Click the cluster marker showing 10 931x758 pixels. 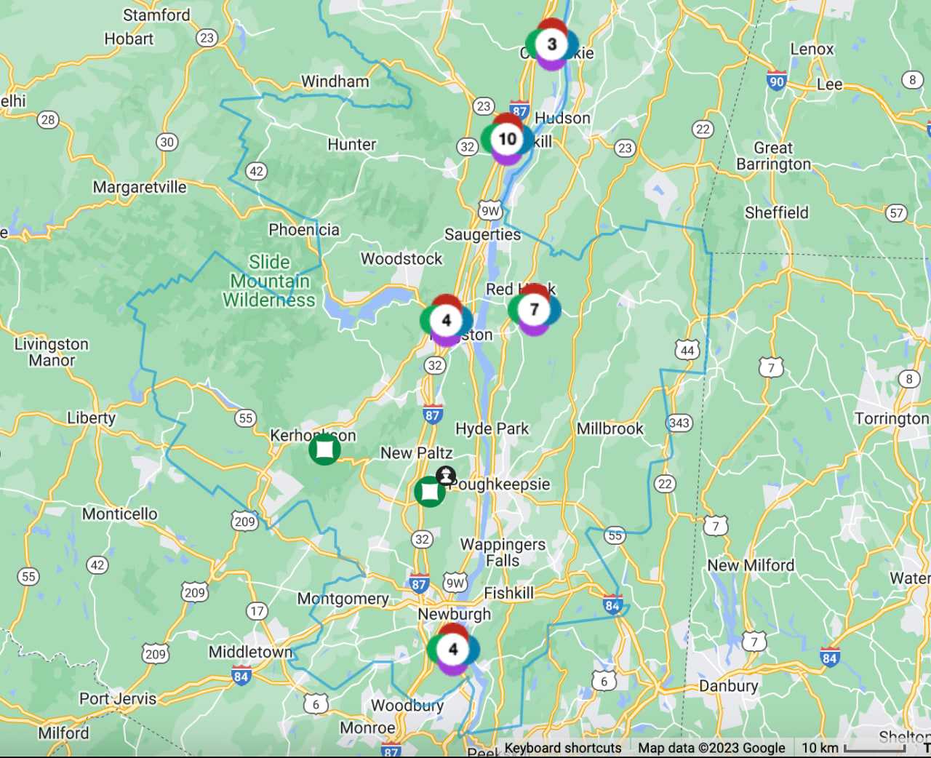(507, 139)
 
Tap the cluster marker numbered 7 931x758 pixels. (534, 310)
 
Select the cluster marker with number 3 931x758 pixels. (551, 44)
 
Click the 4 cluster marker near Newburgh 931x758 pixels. (452, 649)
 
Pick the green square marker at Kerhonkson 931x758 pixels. (324, 450)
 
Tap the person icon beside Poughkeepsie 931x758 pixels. (445, 476)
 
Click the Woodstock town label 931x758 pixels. (401, 259)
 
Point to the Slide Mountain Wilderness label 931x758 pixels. (269, 282)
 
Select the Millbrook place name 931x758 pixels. (610, 428)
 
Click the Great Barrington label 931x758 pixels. (773, 156)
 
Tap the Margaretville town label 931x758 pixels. (140, 188)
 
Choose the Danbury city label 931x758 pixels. (728, 686)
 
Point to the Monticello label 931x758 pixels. (120, 514)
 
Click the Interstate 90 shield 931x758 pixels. (776, 81)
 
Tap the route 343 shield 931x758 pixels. (679, 423)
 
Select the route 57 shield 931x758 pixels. (896, 213)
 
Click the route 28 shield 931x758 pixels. (48, 120)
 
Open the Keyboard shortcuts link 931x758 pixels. (563, 748)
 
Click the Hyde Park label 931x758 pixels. (492, 429)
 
